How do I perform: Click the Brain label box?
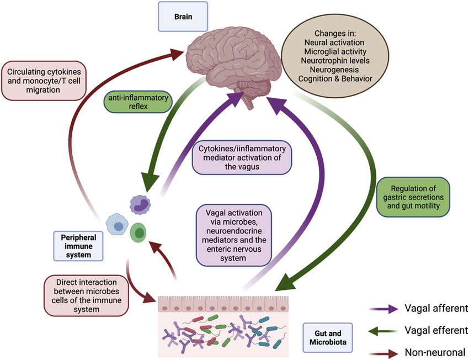[x=183, y=16]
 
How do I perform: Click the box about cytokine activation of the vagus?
[x=242, y=157]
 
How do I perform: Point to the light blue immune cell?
[x=118, y=226]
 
